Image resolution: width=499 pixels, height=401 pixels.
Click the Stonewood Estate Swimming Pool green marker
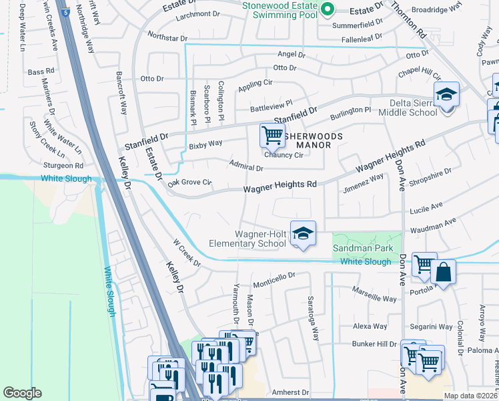tap(327, 9)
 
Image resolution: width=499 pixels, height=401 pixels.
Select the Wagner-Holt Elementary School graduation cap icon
tap(302, 234)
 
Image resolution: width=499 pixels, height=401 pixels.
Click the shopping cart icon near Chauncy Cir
tap(272, 136)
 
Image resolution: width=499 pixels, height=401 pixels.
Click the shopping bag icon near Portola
tap(442, 273)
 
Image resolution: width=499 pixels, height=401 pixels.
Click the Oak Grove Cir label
tap(189, 182)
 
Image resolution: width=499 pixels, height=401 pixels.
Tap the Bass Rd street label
tap(41, 72)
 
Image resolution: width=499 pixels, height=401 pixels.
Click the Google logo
tap(22, 393)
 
